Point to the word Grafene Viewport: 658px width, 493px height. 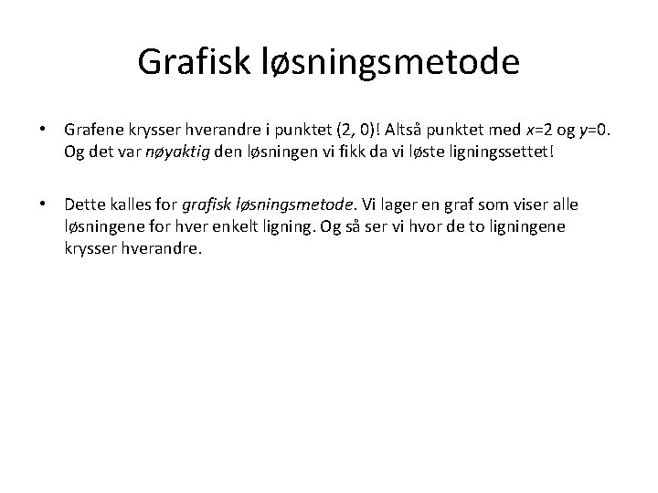pos(94,133)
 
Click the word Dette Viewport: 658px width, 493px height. pos(86,206)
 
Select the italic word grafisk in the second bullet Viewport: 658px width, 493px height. pos(215,206)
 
